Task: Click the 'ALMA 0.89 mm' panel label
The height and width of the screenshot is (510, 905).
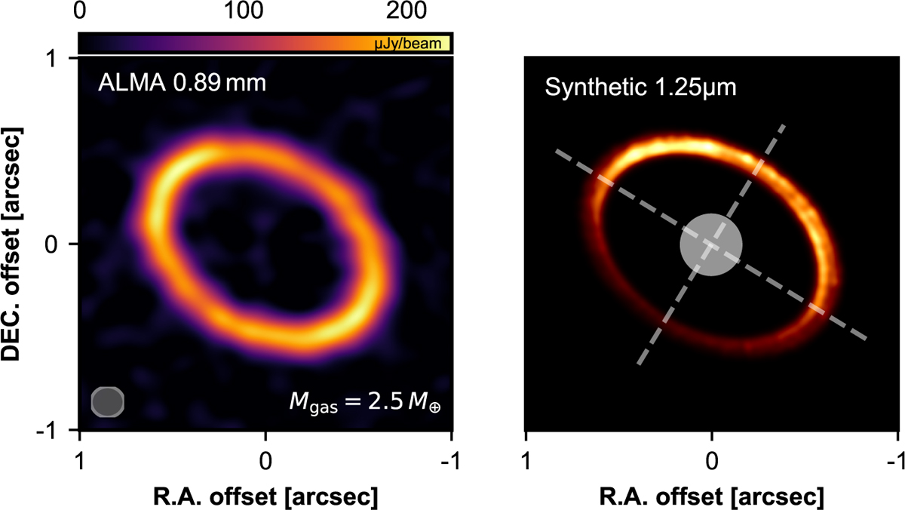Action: point(181,82)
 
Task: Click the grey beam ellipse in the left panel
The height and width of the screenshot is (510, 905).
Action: point(107,401)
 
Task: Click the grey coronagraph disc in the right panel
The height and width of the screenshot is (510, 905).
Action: point(711,244)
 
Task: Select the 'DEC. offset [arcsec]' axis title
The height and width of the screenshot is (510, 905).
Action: point(18,244)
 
